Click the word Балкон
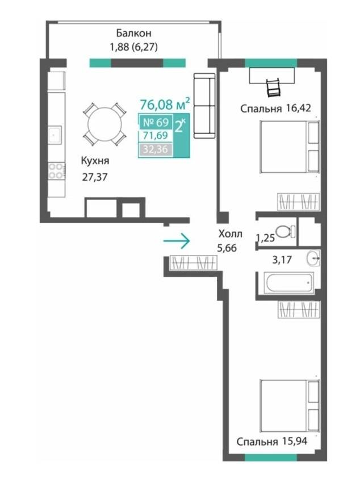[133, 32]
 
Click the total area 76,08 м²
[165, 104]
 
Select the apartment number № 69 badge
[156, 122]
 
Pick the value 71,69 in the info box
[156, 136]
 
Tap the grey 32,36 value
[156, 149]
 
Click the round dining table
[104, 124]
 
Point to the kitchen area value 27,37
[95, 177]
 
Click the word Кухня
[95, 160]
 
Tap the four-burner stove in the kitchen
[56, 171]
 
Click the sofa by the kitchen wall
[204, 106]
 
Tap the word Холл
[231, 234]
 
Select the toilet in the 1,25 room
[285, 231]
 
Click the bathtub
[288, 282]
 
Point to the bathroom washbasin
[313, 258]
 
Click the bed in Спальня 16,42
[290, 146]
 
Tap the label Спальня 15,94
[271, 442]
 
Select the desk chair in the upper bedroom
[273, 87]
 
